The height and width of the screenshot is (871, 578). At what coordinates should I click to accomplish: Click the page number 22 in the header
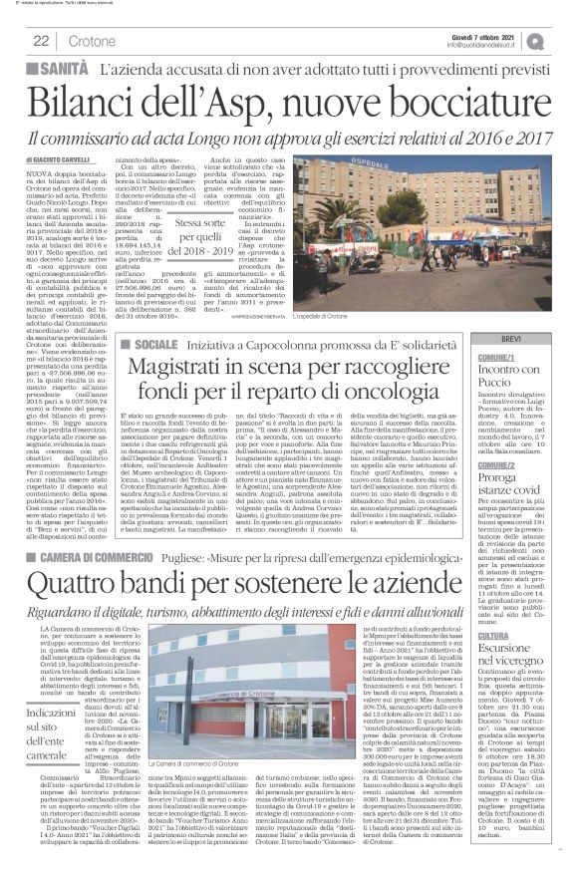tap(43, 40)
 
